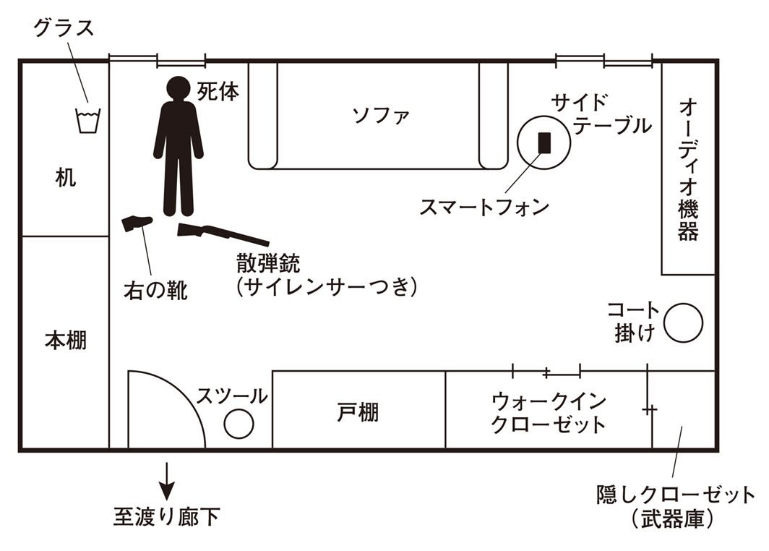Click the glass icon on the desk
coord(88,121)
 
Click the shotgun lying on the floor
coord(223,234)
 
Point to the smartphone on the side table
coord(545,142)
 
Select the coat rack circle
coord(683,323)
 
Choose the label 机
coord(65,178)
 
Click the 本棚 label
coord(65,340)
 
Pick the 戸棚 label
coord(358,413)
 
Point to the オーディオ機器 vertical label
coord(688,170)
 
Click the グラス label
coord(64,30)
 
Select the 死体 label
coord(218,92)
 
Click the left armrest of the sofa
coord(262,116)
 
